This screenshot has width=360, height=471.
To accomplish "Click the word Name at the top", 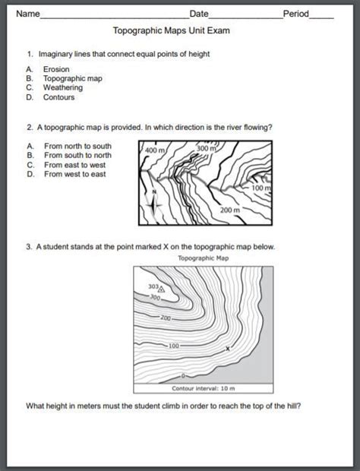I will tap(28, 14).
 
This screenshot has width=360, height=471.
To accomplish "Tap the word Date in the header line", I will tap(198, 14).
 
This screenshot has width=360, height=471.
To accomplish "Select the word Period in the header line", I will tap(295, 14).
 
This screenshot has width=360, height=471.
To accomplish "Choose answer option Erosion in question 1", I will tap(56, 68).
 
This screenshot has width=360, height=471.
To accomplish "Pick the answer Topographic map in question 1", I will tap(72, 78).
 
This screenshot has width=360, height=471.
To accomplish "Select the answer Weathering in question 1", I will tap(62, 88).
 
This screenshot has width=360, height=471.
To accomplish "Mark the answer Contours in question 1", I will tap(58, 98).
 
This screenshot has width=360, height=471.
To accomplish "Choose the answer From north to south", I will tap(77, 145).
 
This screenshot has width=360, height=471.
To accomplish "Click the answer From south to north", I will tap(77, 155).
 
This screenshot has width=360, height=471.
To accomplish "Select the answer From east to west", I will tap(74, 165).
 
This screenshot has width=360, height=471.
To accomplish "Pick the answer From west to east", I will tap(74, 175).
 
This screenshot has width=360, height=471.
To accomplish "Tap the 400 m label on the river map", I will tap(153, 152).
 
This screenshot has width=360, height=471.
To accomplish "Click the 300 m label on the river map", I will tap(207, 148).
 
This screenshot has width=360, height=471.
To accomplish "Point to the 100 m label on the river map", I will tap(261, 187).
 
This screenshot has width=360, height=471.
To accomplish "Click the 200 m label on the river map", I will tap(230, 209).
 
